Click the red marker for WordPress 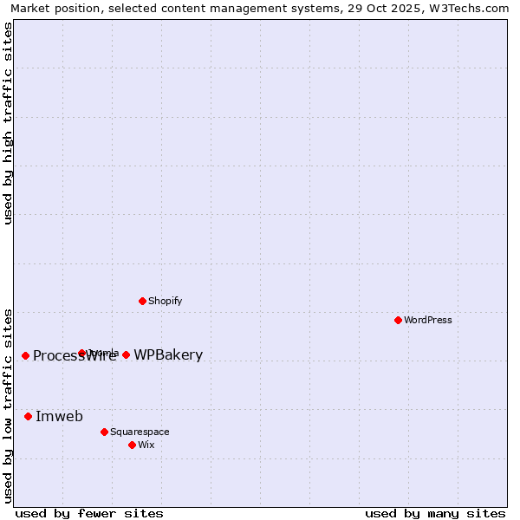coord(398,320)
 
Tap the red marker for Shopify coord(142,301)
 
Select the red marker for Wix coord(132,445)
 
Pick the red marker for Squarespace coord(104,432)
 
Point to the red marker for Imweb coord(28,416)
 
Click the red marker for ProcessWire coord(25,355)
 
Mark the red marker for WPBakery coord(126,354)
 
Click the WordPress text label coord(428,320)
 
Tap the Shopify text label coord(166,301)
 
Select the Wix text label coord(146,445)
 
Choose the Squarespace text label coord(140,432)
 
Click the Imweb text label coord(59,416)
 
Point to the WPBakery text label coord(168,354)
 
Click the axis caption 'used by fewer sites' coord(89,513)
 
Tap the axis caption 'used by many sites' coord(435,513)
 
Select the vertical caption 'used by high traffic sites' coord(8,123)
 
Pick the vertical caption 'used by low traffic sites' coord(8,405)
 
